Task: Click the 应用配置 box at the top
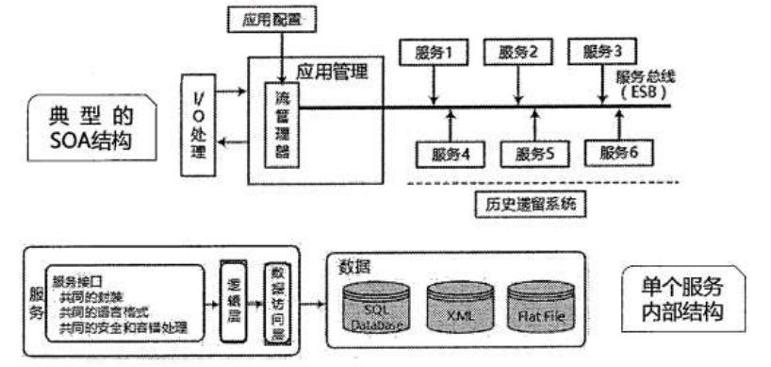click(x=275, y=18)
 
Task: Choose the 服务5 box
click(x=531, y=151)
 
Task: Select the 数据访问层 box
click(x=274, y=304)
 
